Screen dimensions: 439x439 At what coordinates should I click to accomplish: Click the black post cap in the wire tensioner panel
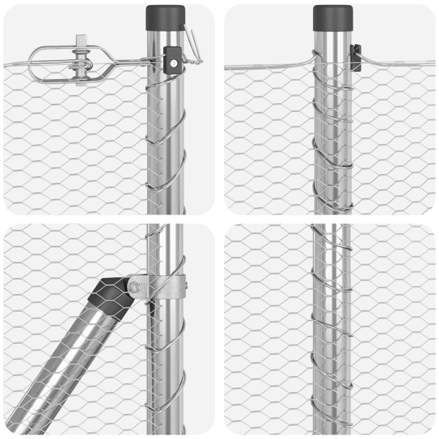165,17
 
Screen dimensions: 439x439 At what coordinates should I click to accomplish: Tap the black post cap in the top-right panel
334,18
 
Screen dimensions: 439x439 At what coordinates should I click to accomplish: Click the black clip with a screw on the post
173,60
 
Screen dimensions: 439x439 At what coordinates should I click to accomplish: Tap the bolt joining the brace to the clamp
136,286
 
